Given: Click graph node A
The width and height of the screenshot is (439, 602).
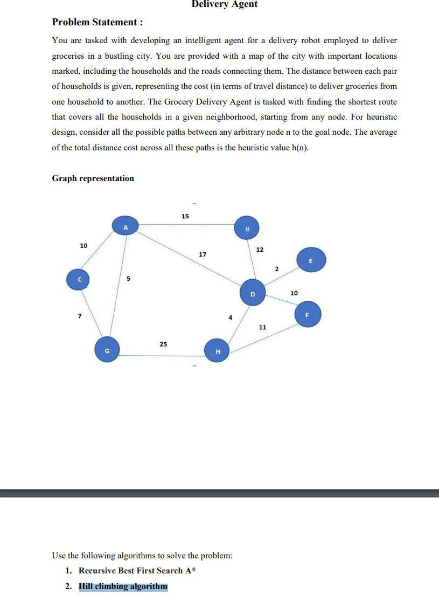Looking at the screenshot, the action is [126, 227].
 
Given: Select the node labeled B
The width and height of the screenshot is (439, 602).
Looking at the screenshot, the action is [247, 229].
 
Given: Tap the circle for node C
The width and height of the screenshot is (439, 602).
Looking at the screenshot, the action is [79, 279].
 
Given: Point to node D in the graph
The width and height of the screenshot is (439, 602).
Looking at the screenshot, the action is [252, 293].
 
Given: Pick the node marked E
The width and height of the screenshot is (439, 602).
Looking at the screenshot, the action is [310, 260].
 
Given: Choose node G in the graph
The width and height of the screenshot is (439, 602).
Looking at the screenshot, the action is [107, 350].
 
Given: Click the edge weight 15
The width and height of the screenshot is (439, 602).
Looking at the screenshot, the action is [185, 216].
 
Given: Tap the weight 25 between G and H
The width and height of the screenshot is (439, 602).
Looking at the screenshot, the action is [163, 344].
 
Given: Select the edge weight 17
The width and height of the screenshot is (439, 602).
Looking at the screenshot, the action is [203, 254].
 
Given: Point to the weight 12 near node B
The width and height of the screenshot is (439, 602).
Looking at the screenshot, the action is [260, 250].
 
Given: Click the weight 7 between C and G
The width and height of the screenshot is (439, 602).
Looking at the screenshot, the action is [79, 315].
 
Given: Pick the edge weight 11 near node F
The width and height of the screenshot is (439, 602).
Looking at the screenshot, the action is [262, 327].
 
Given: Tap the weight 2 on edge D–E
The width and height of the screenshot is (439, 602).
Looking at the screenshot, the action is [276, 268].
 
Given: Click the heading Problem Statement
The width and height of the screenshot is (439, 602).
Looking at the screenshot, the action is [97, 22].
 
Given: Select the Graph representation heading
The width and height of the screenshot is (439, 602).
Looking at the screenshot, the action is [93, 178].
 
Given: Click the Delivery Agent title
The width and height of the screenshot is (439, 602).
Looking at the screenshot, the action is [225, 4].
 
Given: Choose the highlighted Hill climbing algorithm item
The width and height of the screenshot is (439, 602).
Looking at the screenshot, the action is [123, 586].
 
